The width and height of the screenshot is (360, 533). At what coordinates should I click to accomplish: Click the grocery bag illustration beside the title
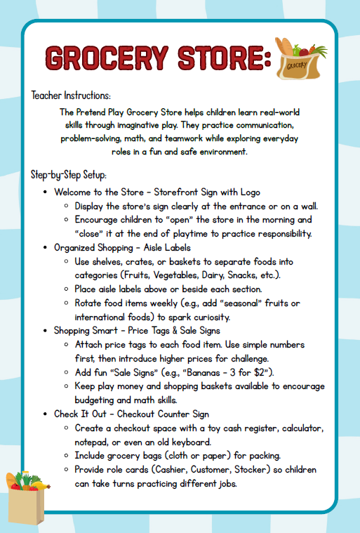pos(301,60)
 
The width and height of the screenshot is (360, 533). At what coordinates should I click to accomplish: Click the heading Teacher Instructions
pos(71,96)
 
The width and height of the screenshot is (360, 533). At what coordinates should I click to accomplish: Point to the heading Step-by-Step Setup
pos(68,174)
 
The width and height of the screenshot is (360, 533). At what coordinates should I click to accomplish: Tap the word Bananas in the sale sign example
pos(209,371)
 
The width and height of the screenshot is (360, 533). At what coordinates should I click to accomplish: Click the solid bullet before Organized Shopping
pos(45,247)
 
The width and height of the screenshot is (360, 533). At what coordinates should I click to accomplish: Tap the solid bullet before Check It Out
pos(45,414)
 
